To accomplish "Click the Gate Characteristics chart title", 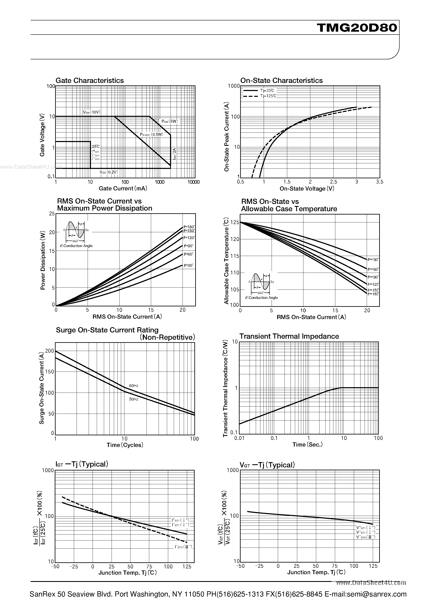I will click(90, 80).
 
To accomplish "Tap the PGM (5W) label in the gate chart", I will click(170, 121).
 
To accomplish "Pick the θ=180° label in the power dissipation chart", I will click(189, 227).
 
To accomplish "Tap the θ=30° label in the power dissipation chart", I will click(189, 265).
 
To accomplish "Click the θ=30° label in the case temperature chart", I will click(373, 260).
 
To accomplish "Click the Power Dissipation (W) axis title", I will click(43, 260).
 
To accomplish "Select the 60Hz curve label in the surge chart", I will click(134, 385).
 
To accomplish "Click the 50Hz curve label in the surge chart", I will click(134, 399).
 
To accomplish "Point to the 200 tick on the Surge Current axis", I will click(50, 351).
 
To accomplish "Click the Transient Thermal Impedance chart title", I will click(289, 336).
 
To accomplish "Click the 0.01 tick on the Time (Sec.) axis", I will click(239, 438).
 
